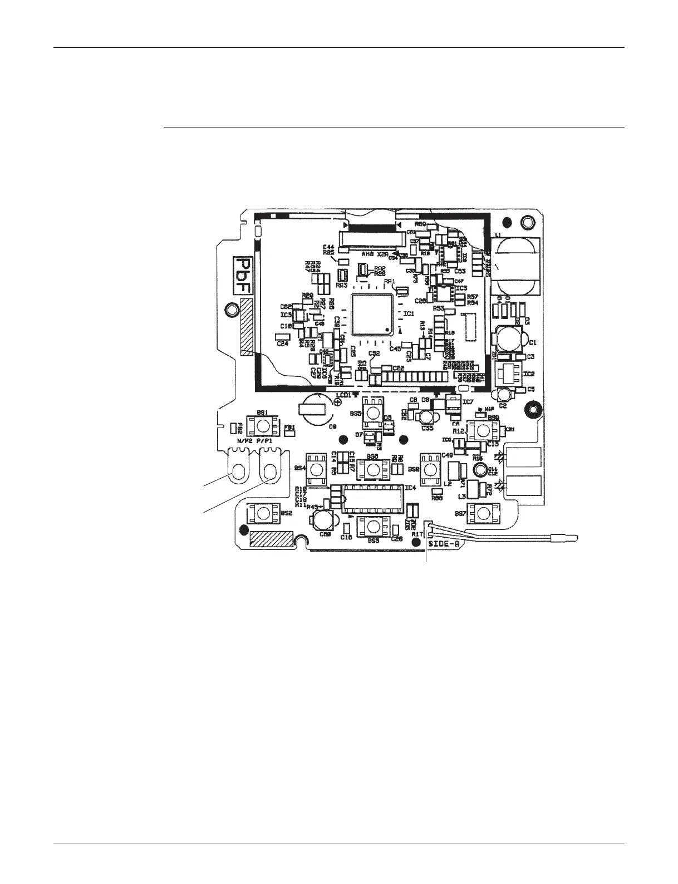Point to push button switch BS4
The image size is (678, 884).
(x=318, y=468)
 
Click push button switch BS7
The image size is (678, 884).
(x=482, y=513)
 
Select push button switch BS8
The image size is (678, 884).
(x=431, y=468)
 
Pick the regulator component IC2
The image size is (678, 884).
(x=509, y=374)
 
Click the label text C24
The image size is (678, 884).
(x=282, y=343)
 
